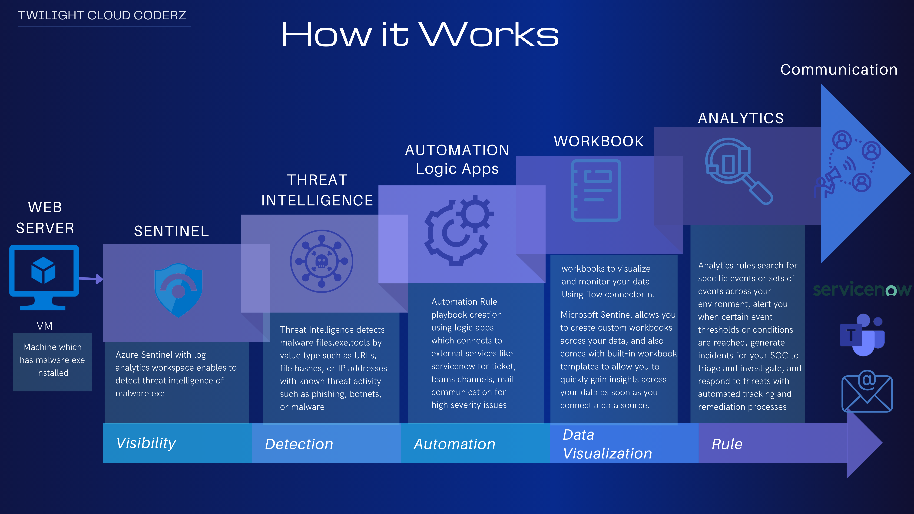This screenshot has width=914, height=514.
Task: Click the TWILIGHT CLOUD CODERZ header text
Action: click(102, 15)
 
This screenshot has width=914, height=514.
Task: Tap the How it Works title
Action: click(420, 35)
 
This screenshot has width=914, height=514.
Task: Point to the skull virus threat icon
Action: click(321, 261)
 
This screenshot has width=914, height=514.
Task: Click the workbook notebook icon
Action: click(596, 191)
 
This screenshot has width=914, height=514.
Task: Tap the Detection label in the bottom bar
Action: click(299, 444)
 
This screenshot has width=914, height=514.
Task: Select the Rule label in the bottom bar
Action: click(727, 444)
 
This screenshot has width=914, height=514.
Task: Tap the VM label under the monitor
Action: click(45, 326)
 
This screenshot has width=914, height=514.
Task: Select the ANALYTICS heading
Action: click(741, 118)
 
